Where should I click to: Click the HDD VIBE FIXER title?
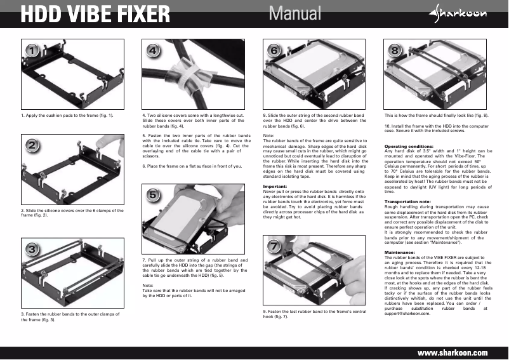pos(95,13)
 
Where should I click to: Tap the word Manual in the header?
pos(294,13)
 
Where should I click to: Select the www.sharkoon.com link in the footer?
pos(451,352)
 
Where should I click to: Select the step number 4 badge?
pos(152,50)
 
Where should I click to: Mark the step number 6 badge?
pos(274,50)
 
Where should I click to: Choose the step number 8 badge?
pos(395,50)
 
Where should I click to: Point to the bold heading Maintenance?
pos(400,252)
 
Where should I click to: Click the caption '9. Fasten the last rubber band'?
pos(315,312)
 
